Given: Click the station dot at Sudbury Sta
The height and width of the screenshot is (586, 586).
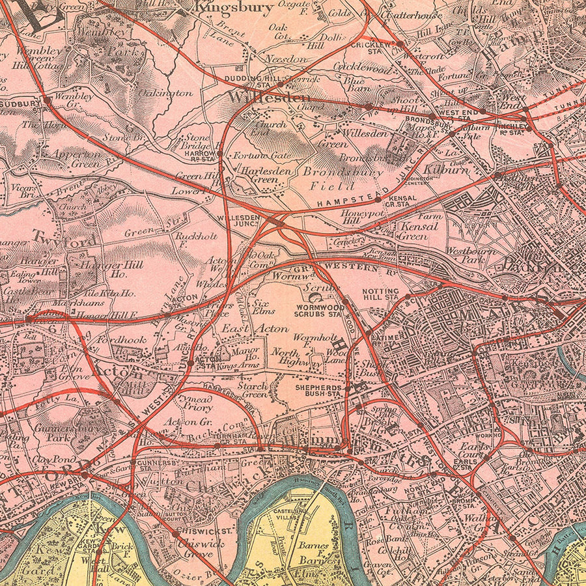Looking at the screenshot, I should [x=47, y=100].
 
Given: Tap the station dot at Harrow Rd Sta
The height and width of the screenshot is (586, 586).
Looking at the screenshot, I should [x=220, y=154].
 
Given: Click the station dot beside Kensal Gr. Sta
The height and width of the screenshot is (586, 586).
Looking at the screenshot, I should [x=378, y=200].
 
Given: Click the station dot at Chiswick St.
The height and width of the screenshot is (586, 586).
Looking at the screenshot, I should [x=176, y=533].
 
